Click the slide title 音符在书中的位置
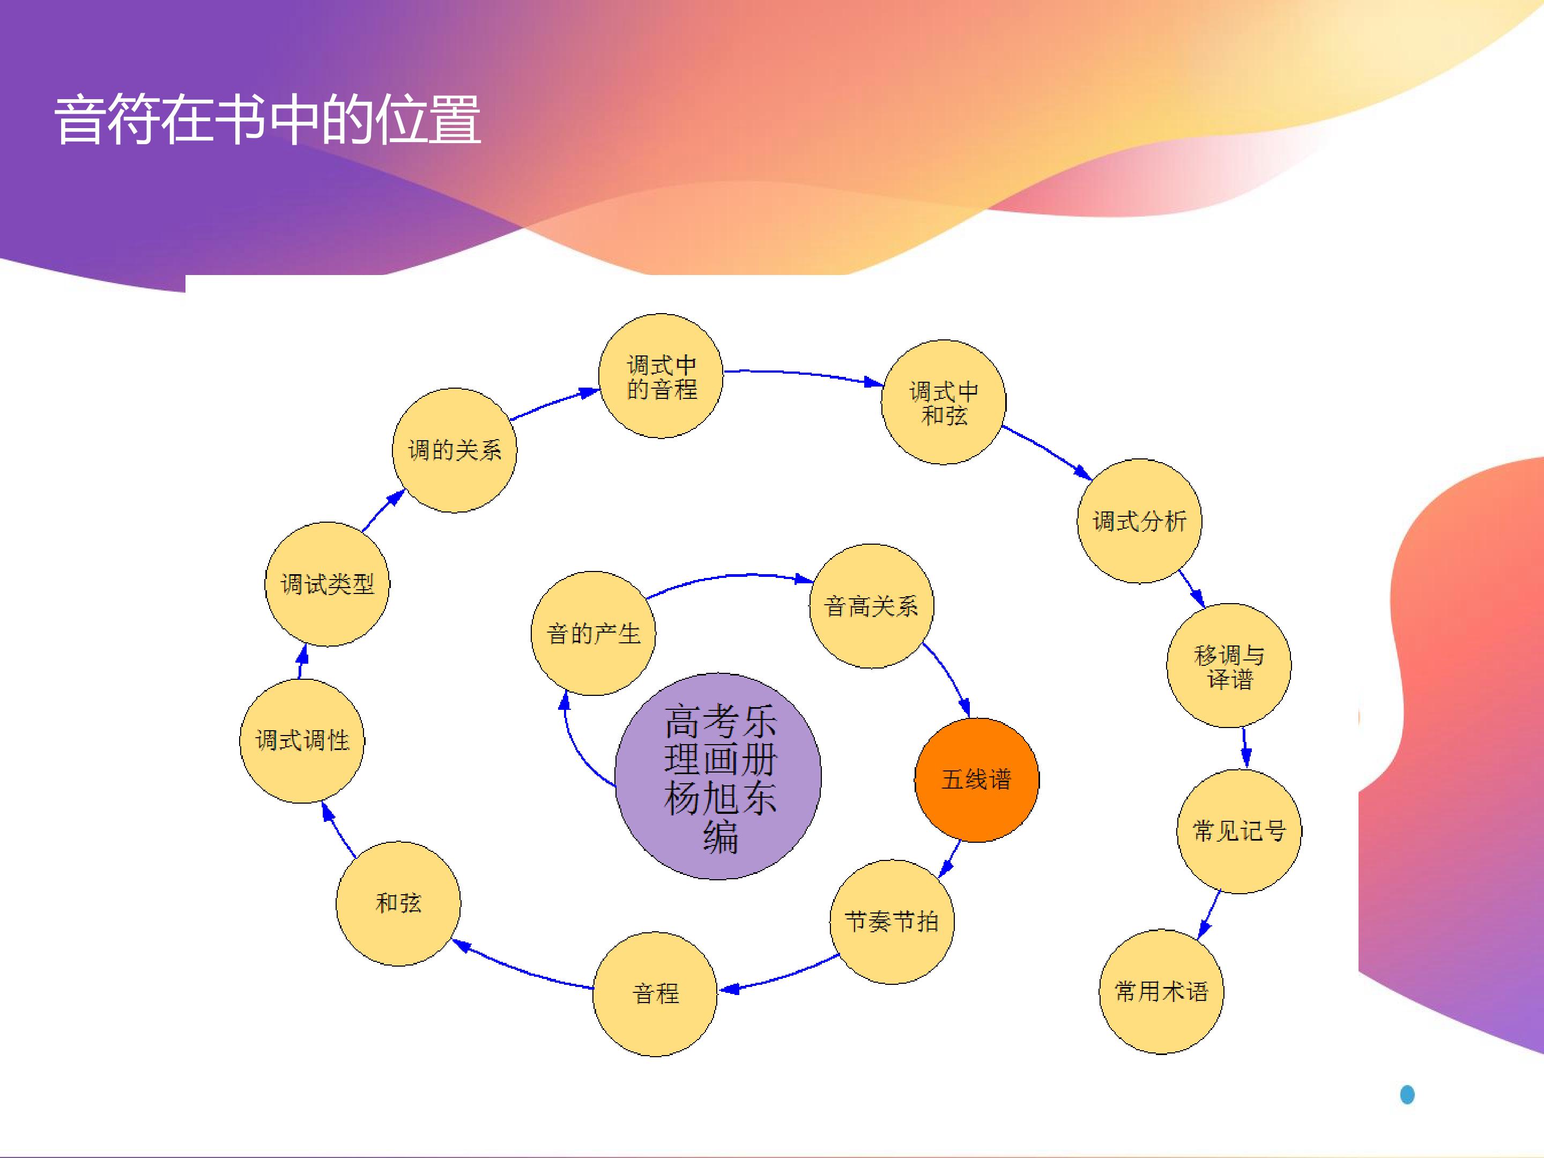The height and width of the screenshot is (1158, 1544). click(268, 120)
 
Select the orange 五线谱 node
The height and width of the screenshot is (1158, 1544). click(976, 780)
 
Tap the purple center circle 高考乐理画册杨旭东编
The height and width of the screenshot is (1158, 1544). click(718, 776)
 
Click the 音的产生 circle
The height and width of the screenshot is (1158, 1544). click(593, 634)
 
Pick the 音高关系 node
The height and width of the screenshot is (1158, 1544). click(871, 606)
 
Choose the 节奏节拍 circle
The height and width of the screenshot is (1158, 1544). click(892, 922)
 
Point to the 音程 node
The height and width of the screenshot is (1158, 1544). click(655, 993)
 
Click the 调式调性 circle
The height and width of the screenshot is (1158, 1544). click(301, 740)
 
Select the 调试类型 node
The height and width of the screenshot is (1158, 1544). click(326, 584)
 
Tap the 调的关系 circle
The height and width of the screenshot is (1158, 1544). click(455, 450)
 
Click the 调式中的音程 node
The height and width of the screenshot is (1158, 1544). click(661, 376)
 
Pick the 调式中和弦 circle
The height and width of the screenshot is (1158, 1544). click(943, 403)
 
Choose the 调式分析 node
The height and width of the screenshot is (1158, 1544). click(1139, 521)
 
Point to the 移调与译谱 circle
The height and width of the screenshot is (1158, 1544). click(1229, 666)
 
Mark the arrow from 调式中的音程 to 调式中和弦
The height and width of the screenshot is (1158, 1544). click(803, 374)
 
